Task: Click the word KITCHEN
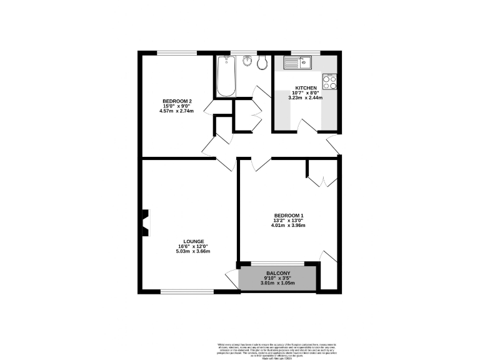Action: click(x=306, y=88)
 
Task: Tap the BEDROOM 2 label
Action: click(x=177, y=102)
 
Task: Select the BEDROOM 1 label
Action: click(x=289, y=216)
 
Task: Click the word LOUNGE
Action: click(x=194, y=241)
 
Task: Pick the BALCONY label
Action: click(x=278, y=274)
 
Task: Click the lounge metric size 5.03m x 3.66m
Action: click(x=194, y=252)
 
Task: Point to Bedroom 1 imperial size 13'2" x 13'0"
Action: click(x=289, y=221)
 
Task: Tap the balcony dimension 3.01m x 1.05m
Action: click(x=278, y=284)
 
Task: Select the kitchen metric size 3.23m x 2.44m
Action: click(x=306, y=97)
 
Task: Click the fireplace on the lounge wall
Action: click(x=145, y=222)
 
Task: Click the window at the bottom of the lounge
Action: click(x=187, y=291)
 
